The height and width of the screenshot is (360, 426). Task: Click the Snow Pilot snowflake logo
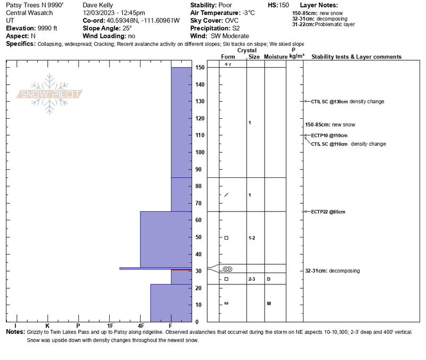click(50, 94)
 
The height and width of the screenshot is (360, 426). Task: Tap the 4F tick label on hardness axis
click(141, 325)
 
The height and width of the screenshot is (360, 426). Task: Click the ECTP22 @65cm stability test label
click(328, 212)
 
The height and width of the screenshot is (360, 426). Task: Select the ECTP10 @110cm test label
click(329, 135)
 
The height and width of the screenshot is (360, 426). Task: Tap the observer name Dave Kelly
click(98, 5)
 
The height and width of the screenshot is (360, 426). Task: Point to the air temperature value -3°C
click(247, 13)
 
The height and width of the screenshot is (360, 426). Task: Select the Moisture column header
click(275, 57)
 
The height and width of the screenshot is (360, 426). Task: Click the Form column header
click(227, 57)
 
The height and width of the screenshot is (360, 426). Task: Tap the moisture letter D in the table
click(269, 279)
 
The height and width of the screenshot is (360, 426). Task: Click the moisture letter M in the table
click(269, 304)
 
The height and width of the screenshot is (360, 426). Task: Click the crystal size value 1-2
click(252, 238)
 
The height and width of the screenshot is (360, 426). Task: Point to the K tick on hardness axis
click(47, 325)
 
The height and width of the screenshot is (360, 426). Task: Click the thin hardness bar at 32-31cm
click(154, 268)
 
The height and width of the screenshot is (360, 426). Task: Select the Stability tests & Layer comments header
click(356, 57)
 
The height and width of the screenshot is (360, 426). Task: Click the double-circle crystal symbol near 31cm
click(227, 269)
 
